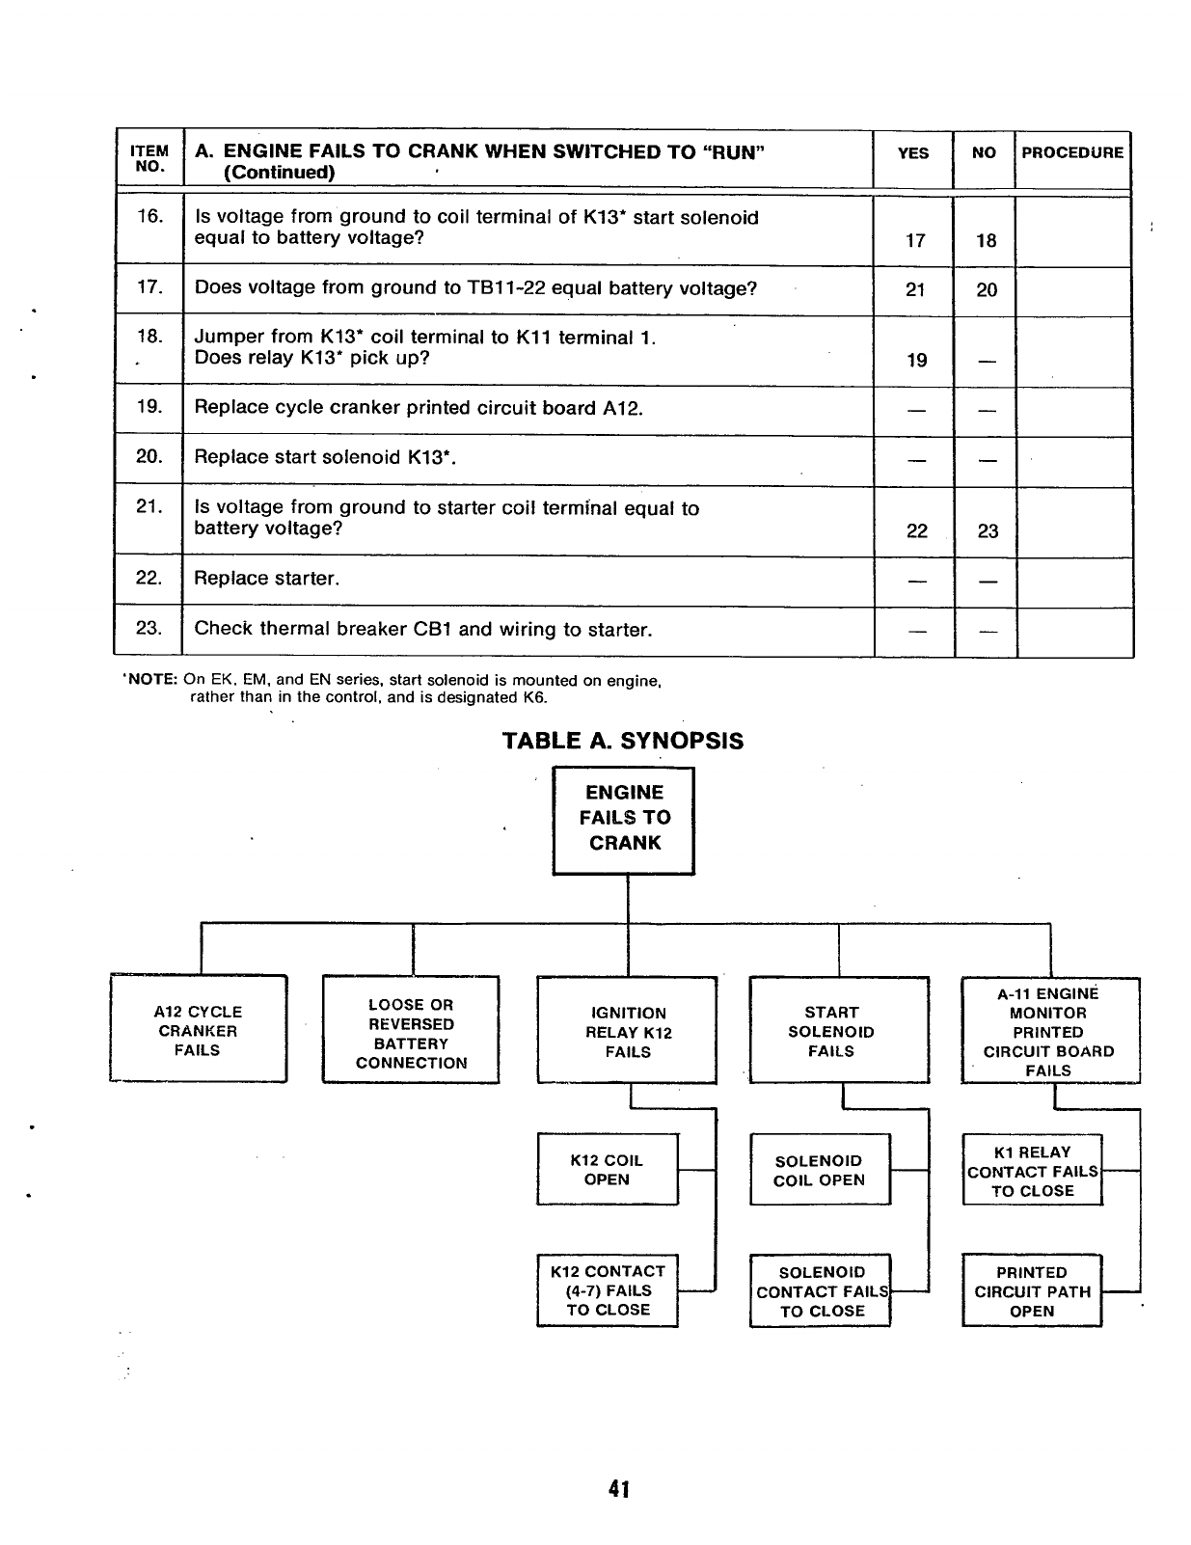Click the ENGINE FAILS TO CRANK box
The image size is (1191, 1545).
tap(624, 819)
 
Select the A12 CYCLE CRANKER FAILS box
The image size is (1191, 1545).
tap(198, 1030)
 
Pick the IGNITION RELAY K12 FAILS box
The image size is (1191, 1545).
tap(628, 1032)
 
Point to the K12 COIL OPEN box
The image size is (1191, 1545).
tap(607, 1170)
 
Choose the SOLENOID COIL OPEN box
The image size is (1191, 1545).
tap(820, 1170)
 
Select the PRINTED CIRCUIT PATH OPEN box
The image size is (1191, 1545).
tap(1032, 1291)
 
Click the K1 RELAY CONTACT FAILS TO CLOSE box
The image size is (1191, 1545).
tap(1032, 1171)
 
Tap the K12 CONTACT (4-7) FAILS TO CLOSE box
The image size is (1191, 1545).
tap(608, 1290)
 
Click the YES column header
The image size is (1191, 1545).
tap(913, 152)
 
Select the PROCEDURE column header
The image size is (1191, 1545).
tap(1072, 152)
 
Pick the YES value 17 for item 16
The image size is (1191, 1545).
tap(915, 241)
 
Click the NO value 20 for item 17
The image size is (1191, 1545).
tap(987, 290)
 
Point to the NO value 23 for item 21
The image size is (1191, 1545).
tap(988, 531)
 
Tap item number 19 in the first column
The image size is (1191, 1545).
tap(149, 406)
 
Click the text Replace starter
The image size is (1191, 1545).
tap(267, 579)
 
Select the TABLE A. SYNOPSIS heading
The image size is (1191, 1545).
tap(623, 741)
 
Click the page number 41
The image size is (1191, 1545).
tap(619, 1489)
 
